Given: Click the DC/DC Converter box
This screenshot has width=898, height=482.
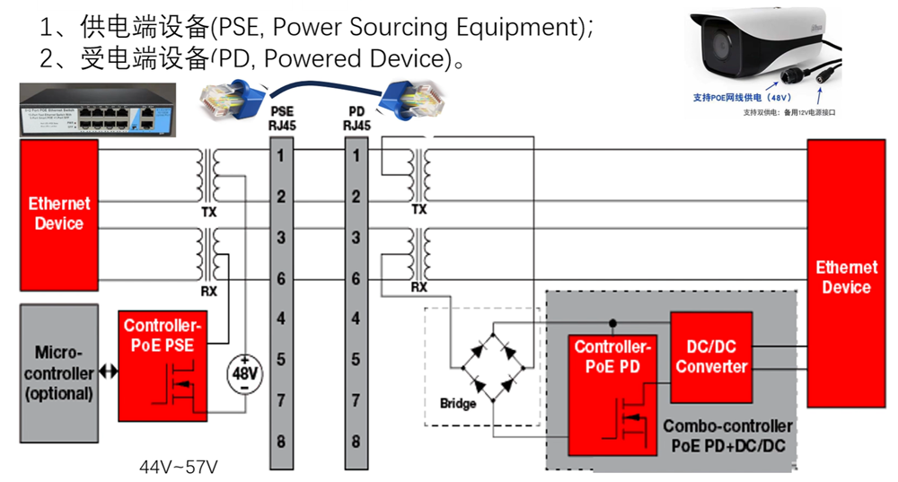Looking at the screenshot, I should [x=711, y=358].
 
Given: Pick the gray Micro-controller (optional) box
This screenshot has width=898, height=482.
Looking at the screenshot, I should [x=57, y=372].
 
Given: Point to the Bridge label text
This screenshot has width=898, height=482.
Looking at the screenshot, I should [x=458, y=404].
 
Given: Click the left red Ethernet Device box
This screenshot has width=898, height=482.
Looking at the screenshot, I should [x=59, y=215].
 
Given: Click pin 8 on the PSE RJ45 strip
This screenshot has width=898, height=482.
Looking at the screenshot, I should [x=282, y=441].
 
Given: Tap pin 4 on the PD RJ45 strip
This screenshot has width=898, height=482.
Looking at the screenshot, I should [x=357, y=319].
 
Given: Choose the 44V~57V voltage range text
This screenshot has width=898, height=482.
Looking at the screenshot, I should [x=179, y=467].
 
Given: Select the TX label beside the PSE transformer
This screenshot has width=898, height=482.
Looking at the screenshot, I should [x=209, y=213].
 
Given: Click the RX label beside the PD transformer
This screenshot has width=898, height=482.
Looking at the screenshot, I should [x=418, y=287].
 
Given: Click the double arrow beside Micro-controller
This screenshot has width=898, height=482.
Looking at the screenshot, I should [x=108, y=372].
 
